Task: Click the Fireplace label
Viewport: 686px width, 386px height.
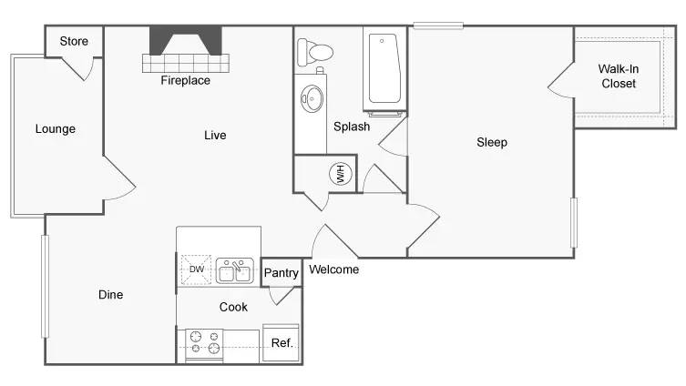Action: coord(185,80)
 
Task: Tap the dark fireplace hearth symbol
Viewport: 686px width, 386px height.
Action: coord(186,41)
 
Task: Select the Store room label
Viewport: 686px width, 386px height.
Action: coord(74,41)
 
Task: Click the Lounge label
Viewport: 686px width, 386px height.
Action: coord(55,128)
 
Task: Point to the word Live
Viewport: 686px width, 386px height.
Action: coord(214,136)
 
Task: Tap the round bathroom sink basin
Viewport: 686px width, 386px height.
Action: coord(313,97)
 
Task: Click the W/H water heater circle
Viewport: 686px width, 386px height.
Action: coord(340,174)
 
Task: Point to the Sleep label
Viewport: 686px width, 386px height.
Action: coord(492,142)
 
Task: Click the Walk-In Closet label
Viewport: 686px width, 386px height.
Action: coord(617,76)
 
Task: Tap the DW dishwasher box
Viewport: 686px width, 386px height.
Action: coord(196,269)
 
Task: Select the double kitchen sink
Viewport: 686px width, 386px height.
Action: coord(235,270)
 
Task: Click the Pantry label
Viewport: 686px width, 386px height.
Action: coord(281,273)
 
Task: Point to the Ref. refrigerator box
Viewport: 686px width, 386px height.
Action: coord(282,343)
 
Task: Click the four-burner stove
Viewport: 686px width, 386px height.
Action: coord(204,343)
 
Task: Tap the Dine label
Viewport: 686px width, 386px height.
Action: coord(110,295)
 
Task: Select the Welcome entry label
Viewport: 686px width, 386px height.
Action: coord(333,269)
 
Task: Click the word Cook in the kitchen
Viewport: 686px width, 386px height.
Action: coord(233,307)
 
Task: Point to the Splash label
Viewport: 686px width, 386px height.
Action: coord(351,127)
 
